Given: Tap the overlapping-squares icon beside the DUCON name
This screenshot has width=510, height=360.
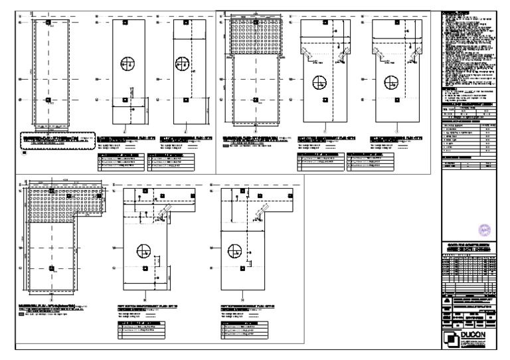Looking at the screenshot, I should pos(452,337).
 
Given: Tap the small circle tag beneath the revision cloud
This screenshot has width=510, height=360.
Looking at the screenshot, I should pos(24,153).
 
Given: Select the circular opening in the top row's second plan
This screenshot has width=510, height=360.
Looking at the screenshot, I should pos(128,64).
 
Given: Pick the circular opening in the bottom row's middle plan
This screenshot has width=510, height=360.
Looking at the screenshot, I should pos(142,251).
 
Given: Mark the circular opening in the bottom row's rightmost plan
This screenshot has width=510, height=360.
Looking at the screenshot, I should pos(234,251).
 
